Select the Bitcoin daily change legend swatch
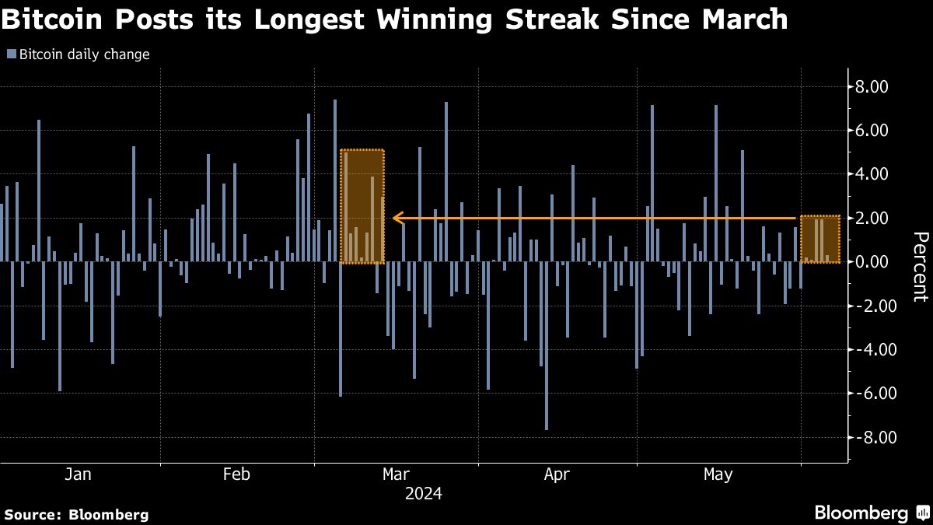11,54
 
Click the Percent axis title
920,266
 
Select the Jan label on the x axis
79,474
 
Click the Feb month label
236,474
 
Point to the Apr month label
557,474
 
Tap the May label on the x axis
718,474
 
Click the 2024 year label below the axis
423,494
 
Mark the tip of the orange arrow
395,219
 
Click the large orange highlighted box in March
362,206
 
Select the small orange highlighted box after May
820,239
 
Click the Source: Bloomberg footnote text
76,514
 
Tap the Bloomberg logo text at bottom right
861,513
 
